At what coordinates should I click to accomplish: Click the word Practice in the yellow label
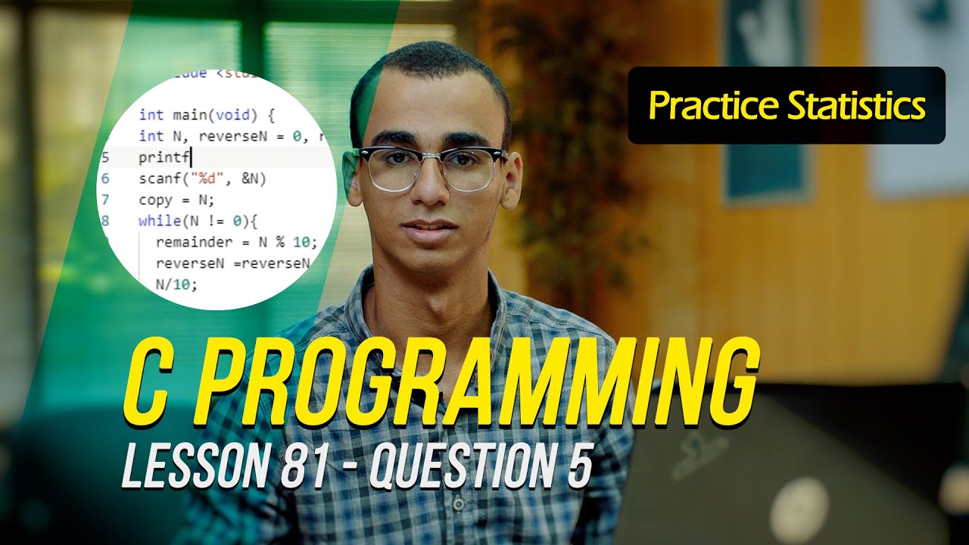coord(713,106)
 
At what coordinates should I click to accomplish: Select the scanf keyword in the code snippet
coord(156,179)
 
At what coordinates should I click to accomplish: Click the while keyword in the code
coord(155,221)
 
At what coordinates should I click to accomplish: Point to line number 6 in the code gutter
coord(104,179)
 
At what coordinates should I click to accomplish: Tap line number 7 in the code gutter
coord(104,201)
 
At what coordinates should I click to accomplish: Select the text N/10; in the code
coord(176,285)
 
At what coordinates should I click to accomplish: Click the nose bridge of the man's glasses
coord(428,160)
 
